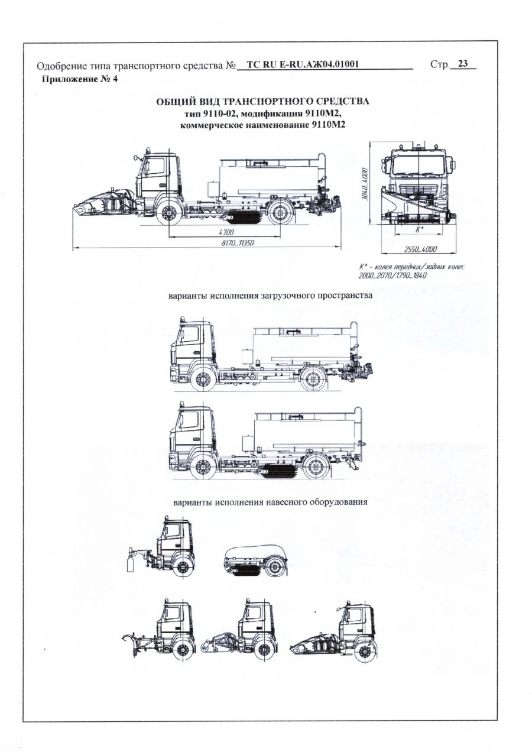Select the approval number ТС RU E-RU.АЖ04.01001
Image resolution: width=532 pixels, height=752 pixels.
pyautogui.click(x=302, y=65)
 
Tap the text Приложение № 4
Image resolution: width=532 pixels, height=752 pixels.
pyautogui.click(x=78, y=79)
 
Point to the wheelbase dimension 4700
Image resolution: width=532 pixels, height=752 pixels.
pyautogui.click(x=227, y=232)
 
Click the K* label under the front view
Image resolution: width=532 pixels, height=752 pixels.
pyautogui.click(x=420, y=229)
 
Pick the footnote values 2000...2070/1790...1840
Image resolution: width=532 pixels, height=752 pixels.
pyautogui.click(x=392, y=275)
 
